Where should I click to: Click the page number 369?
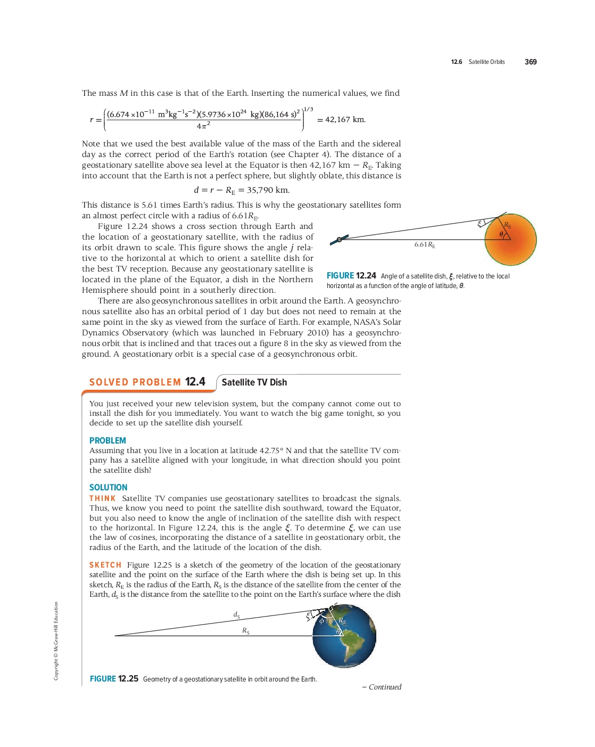(x=530, y=62)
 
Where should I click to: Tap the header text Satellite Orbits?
(x=486, y=62)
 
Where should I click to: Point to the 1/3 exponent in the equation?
(x=308, y=109)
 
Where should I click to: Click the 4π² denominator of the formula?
(x=203, y=126)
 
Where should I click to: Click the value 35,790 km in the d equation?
(x=268, y=190)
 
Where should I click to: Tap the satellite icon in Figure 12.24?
(x=339, y=239)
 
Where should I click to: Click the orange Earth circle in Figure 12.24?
(x=511, y=240)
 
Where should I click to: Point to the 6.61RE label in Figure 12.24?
(x=425, y=244)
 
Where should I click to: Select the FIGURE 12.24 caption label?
(x=351, y=276)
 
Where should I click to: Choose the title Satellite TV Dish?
(x=254, y=382)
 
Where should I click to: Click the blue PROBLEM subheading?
(x=108, y=440)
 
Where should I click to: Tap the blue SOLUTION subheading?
(x=108, y=487)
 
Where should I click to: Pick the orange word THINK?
(x=102, y=498)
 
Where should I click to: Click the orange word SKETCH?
(x=105, y=565)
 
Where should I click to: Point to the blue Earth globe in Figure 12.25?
(x=344, y=636)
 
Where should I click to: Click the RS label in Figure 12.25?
(x=246, y=631)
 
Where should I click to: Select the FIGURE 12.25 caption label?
(x=114, y=679)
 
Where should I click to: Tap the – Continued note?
(x=382, y=687)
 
